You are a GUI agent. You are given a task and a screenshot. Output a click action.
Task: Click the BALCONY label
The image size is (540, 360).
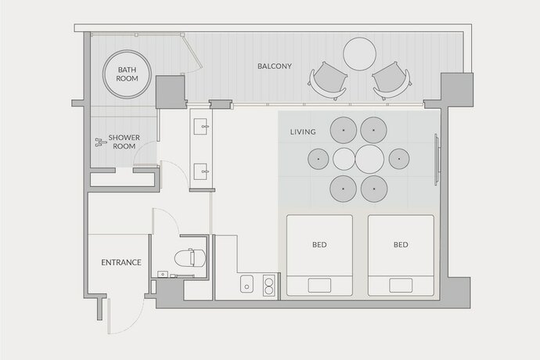(x=274, y=66)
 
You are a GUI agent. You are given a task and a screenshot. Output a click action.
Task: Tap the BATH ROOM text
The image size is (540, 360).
(x=128, y=74)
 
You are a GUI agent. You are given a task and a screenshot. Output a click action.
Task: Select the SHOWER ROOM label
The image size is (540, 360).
(x=124, y=142)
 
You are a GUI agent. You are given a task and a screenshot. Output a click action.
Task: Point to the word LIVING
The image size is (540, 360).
(x=303, y=131)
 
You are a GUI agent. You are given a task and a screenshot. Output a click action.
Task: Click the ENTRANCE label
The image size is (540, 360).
(x=121, y=262)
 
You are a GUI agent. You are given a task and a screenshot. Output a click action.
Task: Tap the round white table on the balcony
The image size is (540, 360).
(x=360, y=54)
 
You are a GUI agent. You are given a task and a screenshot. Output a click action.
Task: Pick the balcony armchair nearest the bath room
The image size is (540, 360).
(x=329, y=80)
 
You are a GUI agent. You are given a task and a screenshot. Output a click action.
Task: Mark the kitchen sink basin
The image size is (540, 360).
(x=246, y=286)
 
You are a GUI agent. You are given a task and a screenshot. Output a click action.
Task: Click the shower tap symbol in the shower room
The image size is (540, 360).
(x=99, y=142)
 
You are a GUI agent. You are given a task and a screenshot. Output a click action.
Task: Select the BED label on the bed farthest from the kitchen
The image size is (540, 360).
(x=401, y=245)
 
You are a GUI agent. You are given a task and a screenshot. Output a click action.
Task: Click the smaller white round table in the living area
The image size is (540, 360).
(x=344, y=160)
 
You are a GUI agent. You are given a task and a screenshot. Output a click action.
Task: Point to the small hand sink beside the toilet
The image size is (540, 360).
(x=162, y=274)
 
